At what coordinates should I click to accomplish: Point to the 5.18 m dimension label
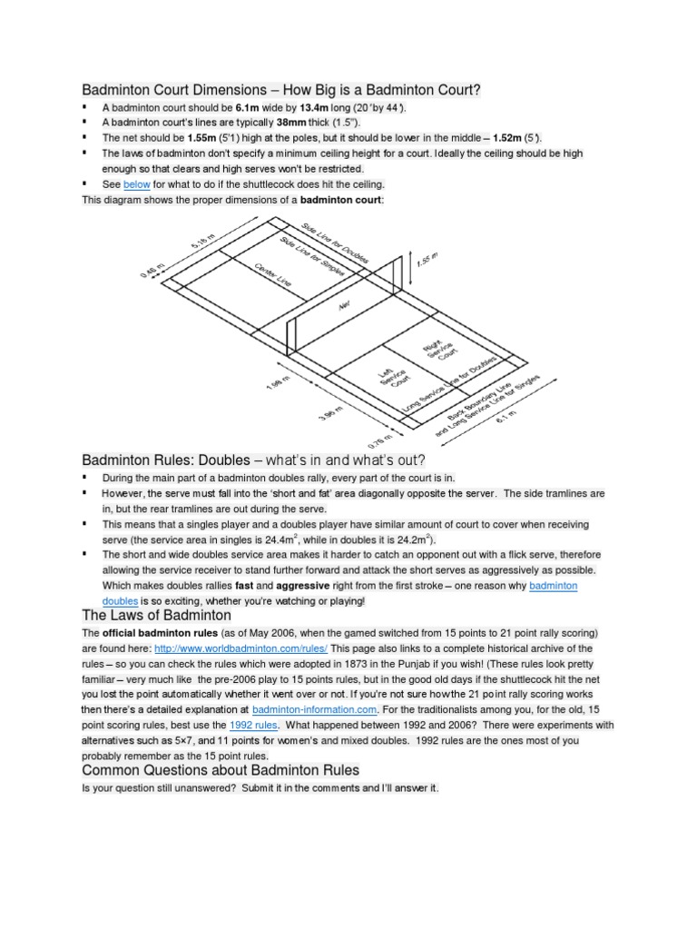point(203,241)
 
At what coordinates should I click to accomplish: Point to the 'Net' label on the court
point(343,308)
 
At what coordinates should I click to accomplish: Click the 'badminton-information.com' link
point(314,707)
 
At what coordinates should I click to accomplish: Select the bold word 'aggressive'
point(248,586)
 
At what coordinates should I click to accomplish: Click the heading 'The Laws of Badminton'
point(157,615)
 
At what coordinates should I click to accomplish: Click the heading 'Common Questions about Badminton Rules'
point(221,770)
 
